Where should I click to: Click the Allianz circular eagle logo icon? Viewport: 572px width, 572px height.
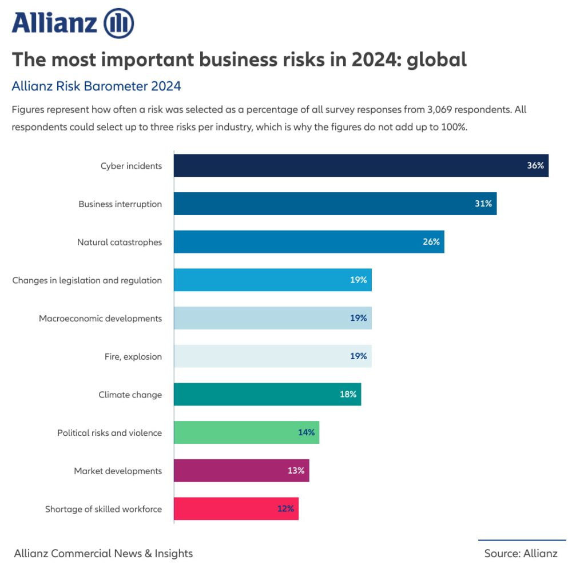(x=118, y=23)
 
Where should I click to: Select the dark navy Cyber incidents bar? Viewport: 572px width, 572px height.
(x=360, y=165)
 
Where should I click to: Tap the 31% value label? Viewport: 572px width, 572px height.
(x=483, y=204)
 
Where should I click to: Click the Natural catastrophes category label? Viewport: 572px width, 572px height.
(x=120, y=242)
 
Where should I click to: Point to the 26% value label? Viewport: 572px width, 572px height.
(x=431, y=242)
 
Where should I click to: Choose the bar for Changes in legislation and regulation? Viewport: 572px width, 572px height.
(x=273, y=280)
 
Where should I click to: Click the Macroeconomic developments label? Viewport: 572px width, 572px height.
(x=100, y=319)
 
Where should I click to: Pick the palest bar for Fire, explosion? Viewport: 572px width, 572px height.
(x=273, y=356)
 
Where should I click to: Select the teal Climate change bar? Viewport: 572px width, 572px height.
(x=267, y=395)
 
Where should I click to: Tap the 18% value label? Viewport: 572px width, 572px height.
(x=348, y=395)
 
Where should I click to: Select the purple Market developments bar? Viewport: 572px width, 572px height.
(x=241, y=471)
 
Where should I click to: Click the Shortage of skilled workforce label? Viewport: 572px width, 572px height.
(x=104, y=509)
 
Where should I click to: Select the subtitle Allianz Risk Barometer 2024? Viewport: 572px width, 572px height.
(x=96, y=86)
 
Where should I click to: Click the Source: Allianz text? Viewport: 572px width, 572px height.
(x=521, y=553)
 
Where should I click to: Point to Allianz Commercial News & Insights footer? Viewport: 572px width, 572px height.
(x=103, y=553)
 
